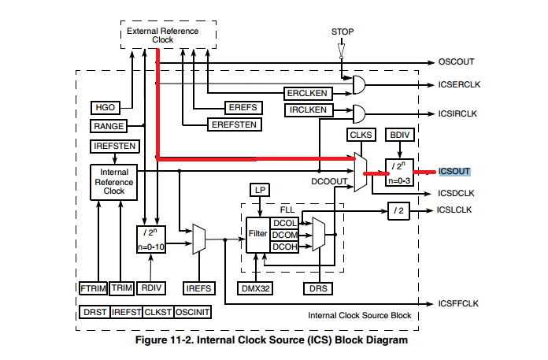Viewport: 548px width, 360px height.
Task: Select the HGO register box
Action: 105,107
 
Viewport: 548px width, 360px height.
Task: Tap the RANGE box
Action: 107,126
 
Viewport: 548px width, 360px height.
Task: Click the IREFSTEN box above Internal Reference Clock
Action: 114,146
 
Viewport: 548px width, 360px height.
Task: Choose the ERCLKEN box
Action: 307,92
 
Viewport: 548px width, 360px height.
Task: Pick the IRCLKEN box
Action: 307,111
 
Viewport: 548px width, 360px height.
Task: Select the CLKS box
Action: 361,135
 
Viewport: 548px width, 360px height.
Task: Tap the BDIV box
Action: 398,135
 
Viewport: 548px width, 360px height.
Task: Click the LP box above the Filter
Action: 260,189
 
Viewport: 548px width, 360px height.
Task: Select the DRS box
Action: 317,289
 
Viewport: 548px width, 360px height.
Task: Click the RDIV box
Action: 153,288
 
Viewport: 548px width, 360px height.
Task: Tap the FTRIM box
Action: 93,288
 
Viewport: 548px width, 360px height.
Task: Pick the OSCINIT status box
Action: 192,312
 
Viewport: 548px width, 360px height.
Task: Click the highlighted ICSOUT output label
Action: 454,171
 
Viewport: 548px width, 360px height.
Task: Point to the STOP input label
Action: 342,32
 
